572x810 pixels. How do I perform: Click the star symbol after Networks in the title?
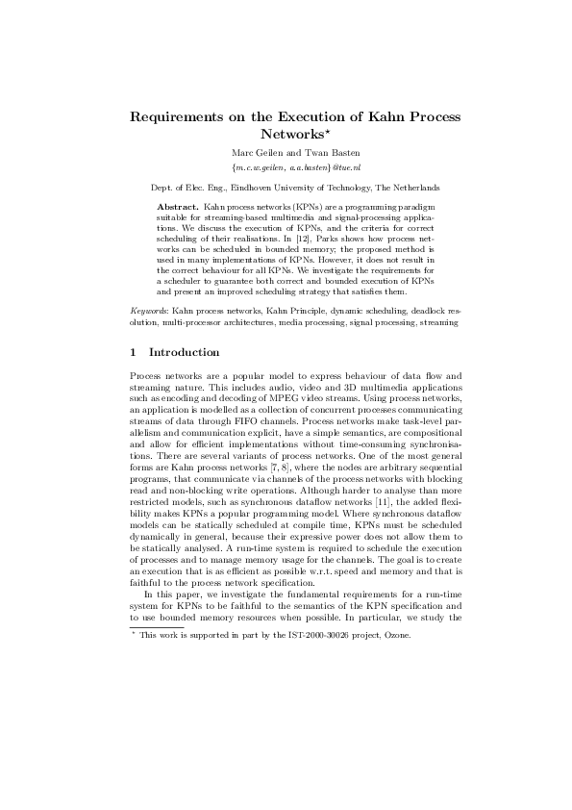click(x=326, y=132)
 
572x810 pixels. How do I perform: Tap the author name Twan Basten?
click(x=318, y=152)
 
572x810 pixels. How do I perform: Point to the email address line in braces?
click(x=286, y=166)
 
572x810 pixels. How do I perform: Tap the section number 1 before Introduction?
click(x=133, y=352)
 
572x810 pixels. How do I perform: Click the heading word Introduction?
click(x=185, y=352)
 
